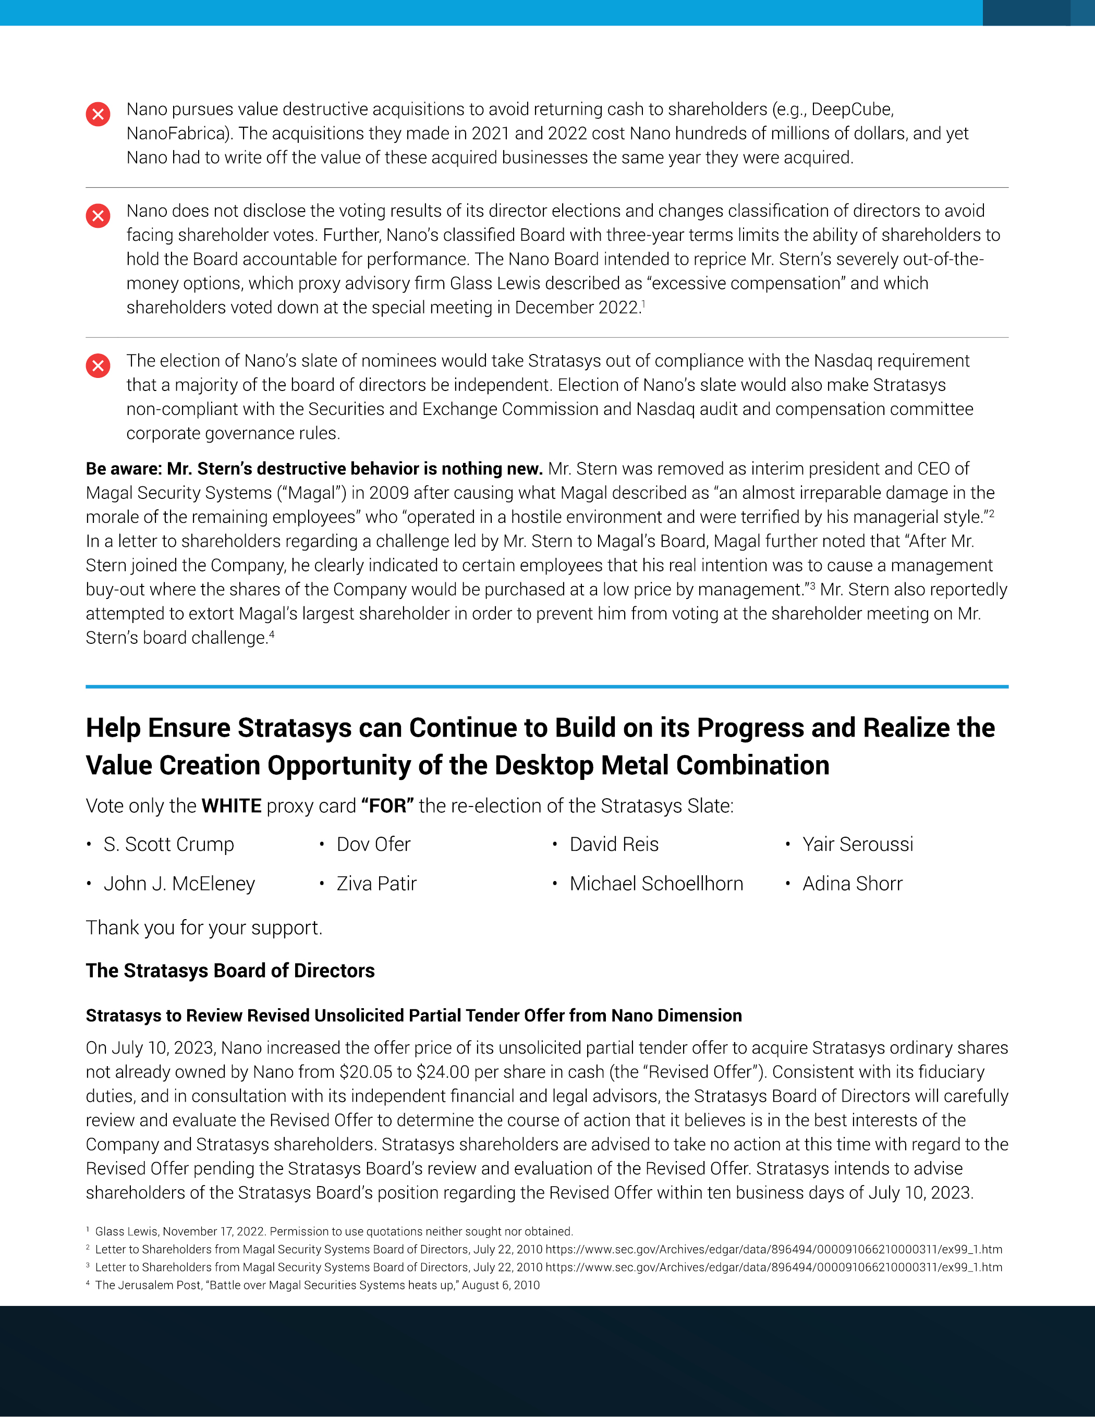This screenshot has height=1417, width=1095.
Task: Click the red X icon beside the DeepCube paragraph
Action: [98, 114]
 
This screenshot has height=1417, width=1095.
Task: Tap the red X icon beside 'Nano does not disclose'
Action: [98, 215]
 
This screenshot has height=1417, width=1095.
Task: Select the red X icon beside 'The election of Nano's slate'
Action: [98, 366]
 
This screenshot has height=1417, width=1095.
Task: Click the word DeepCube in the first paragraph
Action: [851, 109]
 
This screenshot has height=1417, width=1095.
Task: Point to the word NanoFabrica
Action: [178, 133]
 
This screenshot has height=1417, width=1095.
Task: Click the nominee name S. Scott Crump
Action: [169, 844]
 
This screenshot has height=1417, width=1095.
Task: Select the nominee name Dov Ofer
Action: [373, 844]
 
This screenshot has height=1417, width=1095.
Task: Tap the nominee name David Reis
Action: [614, 844]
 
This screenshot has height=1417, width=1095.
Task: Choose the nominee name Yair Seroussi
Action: [857, 844]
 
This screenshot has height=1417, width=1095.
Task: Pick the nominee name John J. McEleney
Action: [179, 884]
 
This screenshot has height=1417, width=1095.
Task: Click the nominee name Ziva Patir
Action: [376, 884]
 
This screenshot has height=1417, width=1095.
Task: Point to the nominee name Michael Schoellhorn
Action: [656, 884]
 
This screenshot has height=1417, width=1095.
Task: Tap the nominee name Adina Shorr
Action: [852, 884]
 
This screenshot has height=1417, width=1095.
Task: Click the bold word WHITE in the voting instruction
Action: [232, 806]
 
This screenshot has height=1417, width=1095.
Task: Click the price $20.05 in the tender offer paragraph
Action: [366, 1072]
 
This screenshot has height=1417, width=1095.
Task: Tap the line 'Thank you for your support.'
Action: [204, 928]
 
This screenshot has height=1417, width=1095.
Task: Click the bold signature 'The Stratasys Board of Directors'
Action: [230, 971]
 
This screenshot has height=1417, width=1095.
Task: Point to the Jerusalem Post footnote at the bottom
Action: [317, 1285]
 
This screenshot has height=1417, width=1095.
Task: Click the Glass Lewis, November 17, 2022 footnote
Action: [334, 1231]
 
